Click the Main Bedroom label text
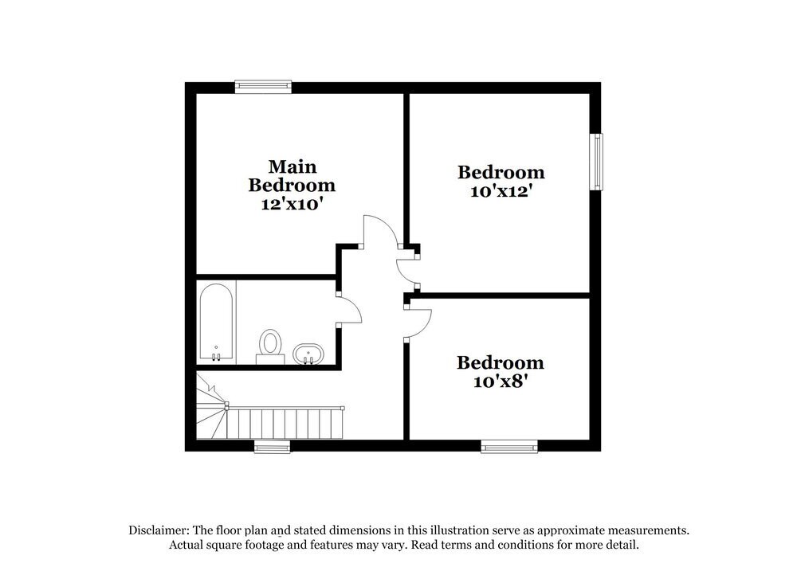[292, 176]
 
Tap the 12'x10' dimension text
[292, 204]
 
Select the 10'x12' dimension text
[501, 191]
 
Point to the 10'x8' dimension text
[501, 381]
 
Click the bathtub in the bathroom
[215, 323]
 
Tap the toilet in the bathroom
[270, 345]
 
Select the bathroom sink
[307, 354]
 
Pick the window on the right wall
[595, 162]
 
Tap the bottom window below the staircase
[272, 447]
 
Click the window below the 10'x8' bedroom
[509, 447]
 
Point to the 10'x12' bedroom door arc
[408, 271]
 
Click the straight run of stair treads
[287, 423]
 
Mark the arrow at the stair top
[210, 388]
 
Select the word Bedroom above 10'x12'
[501, 172]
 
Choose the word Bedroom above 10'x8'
[501, 363]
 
